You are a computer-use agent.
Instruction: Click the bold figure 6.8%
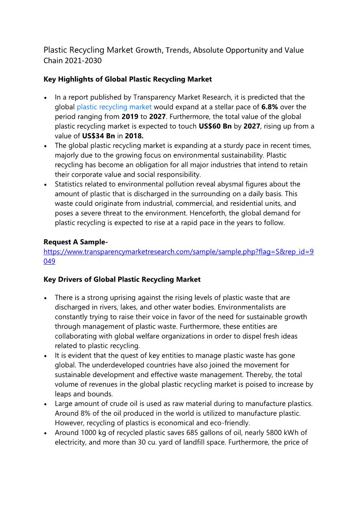(x=270, y=107)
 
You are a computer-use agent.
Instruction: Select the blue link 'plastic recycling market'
(x=114, y=107)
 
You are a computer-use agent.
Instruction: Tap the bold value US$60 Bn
(x=215, y=126)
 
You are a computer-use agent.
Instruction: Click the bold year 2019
(x=130, y=116)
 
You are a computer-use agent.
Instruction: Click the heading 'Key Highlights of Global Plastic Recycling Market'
(x=127, y=79)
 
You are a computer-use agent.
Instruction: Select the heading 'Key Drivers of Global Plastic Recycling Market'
(x=122, y=279)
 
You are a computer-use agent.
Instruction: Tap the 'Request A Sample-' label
(x=76, y=242)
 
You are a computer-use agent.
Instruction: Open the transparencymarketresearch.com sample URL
(x=178, y=252)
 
